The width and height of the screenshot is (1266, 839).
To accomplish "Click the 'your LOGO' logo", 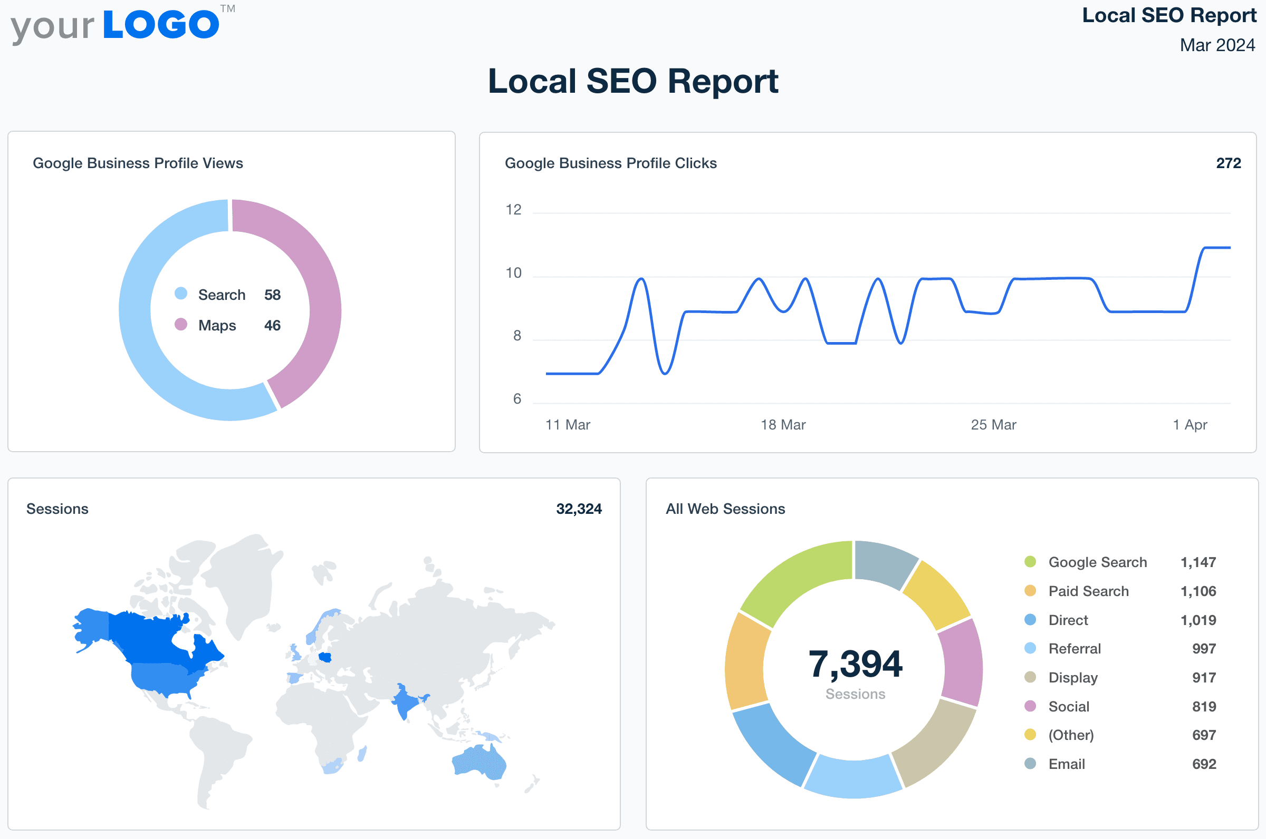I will [x=122, y=25].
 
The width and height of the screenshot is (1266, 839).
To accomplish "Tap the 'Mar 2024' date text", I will [x=1217, y=45].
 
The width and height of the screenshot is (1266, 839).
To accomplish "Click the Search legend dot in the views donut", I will [x=181, y=293].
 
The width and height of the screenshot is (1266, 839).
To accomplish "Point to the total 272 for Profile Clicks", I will [x=1228, y=163].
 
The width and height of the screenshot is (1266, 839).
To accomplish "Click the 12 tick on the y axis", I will [x=513, y=210].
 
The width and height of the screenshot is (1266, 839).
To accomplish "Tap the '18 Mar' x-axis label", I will [x=783, y=425].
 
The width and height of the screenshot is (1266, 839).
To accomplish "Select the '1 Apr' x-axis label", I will [x=1190, y=425].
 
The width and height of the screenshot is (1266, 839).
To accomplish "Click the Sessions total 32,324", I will [x=578, y=509].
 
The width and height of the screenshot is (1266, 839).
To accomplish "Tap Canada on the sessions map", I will [x=155, y=637].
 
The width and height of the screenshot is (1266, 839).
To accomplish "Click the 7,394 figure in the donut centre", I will [x=855, y=664].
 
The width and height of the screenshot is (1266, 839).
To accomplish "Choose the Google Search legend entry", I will [x=1097, y=562].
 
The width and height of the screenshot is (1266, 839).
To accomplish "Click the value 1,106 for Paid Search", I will [x=1198, y=591].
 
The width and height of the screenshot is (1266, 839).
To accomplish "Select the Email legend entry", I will [x=1066, y=764].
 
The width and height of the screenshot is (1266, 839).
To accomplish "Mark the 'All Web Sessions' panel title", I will [x=725, y=509].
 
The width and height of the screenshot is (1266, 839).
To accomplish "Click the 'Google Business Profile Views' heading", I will [x=138, y=163].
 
